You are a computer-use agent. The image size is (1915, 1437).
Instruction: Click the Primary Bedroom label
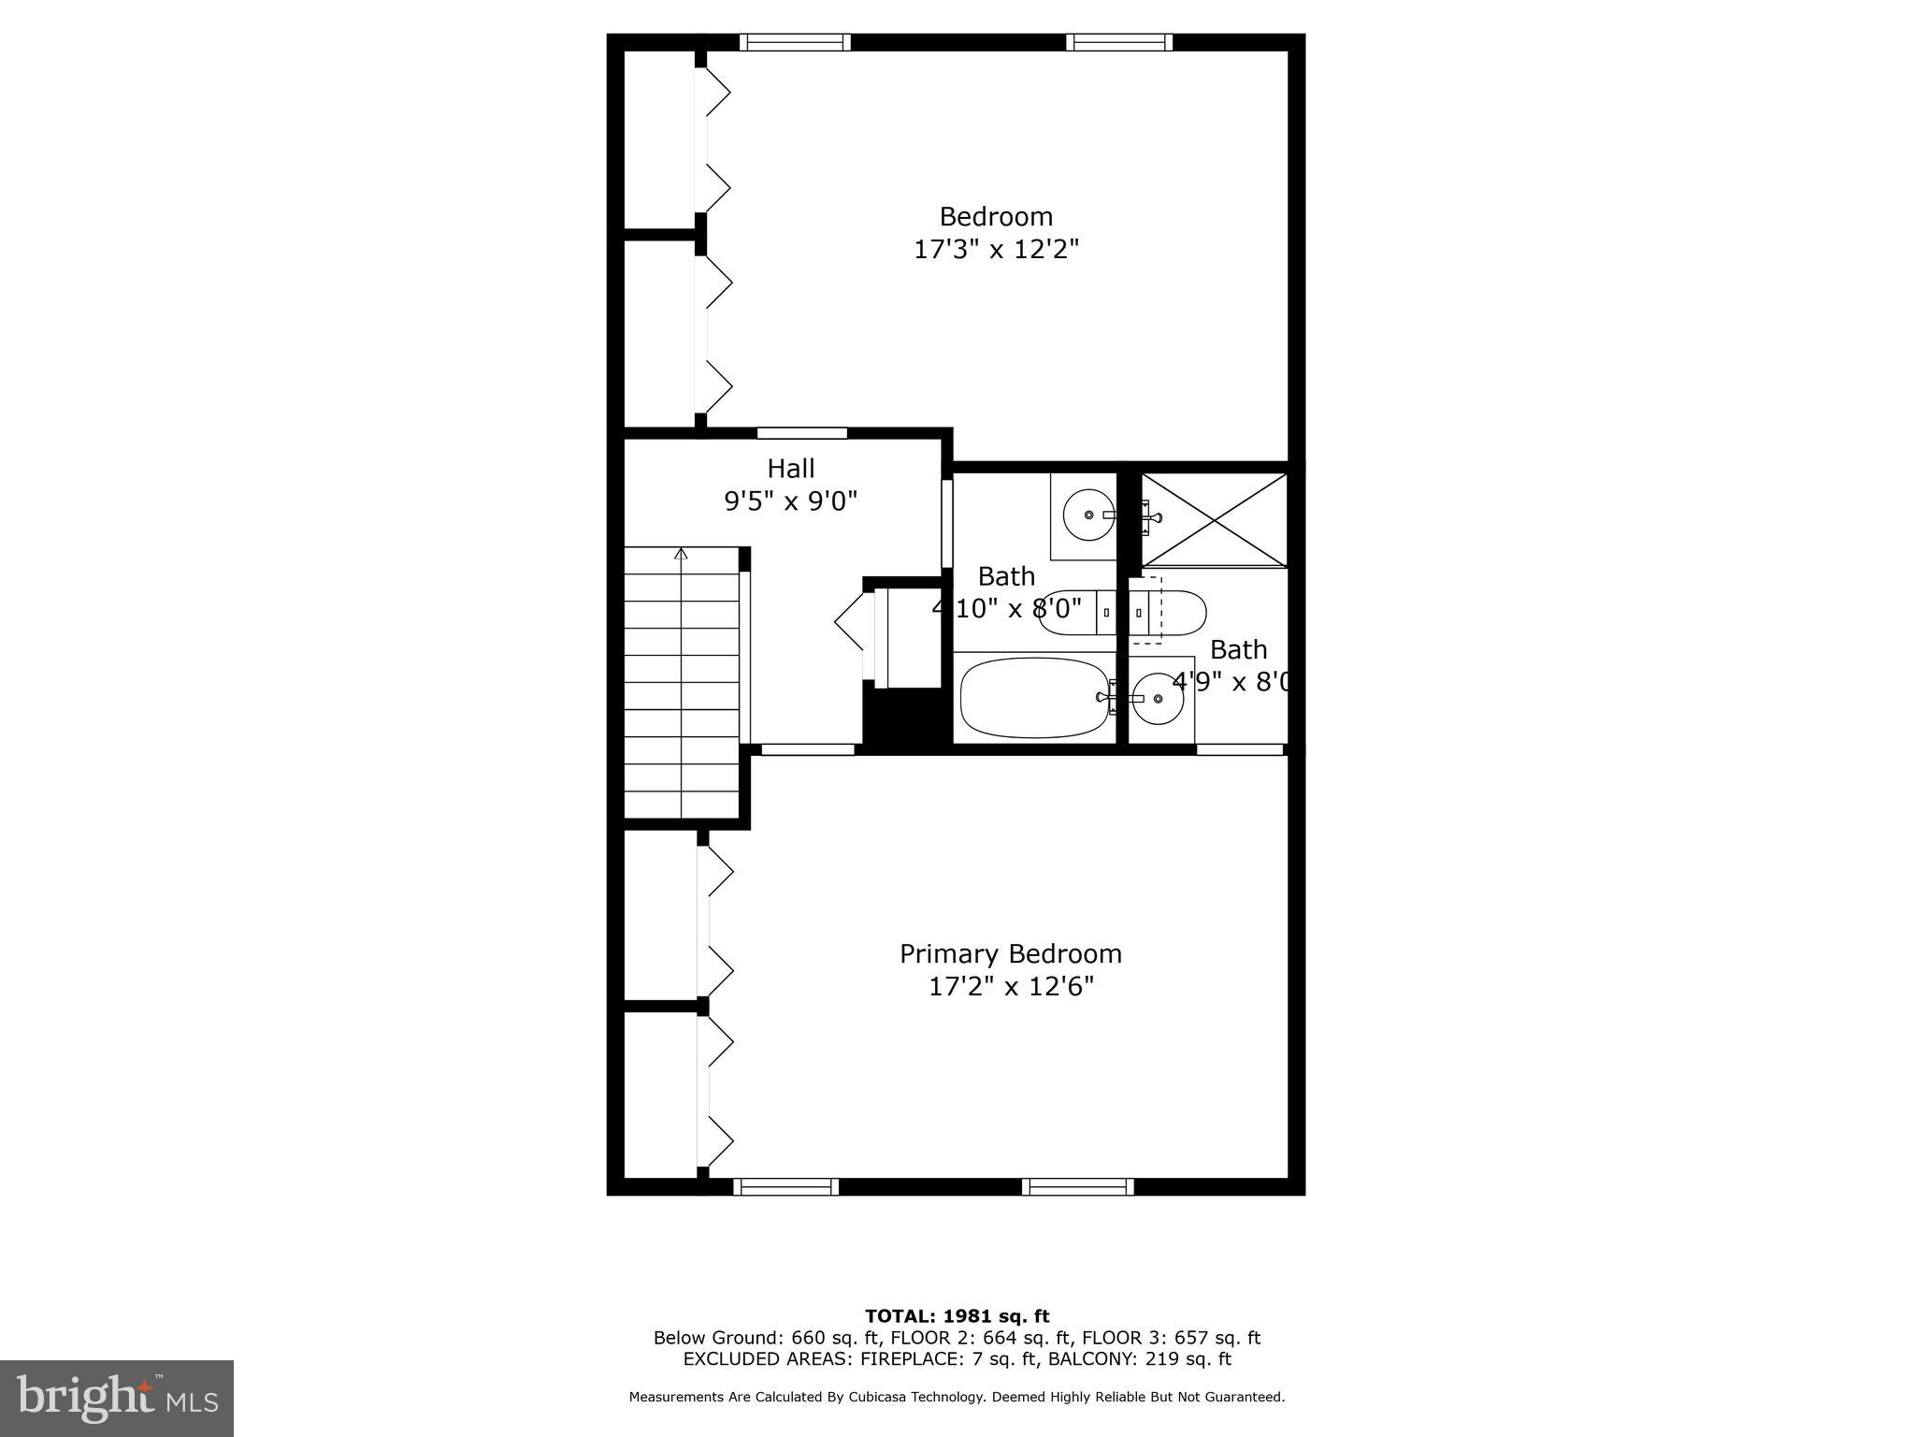click(x=1010, y=953)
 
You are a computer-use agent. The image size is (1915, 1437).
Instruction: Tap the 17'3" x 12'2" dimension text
click(x=996, y=250)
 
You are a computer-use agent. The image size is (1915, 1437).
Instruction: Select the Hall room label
click(x=790, y=468)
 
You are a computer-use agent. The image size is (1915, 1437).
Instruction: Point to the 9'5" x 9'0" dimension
click(x=790, y=501)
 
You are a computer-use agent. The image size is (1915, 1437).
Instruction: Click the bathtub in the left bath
click(x=1032, y=698)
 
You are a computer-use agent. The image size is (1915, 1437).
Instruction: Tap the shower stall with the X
click(x=1214, y=519)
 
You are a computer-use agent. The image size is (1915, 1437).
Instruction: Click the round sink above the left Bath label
click(x=1088, y=514)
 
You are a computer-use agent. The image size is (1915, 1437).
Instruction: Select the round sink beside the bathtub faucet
click(x=1158, y=698)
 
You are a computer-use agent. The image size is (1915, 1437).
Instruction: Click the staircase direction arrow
click(x=681, y=555)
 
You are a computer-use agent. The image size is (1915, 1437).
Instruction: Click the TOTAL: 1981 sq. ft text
click(x=957, y=1316)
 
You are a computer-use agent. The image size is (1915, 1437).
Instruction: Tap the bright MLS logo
click(x=117, y=1398)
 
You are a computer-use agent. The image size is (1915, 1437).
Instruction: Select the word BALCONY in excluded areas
click(x=1087, y=1359)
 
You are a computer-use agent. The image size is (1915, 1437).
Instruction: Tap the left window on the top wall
click(x=795, y=42)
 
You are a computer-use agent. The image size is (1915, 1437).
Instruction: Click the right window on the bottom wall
click(x=1077, y=1187)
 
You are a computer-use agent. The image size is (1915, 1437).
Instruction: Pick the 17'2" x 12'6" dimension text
click(x=1010, y=987)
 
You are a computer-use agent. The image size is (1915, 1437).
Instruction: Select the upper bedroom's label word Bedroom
click(x=996, y=217)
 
